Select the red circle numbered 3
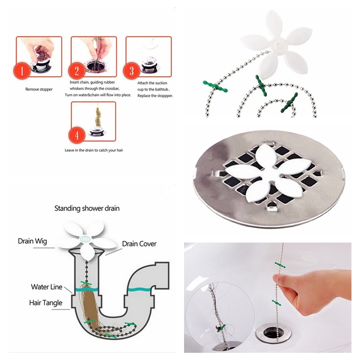131,72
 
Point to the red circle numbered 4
77,135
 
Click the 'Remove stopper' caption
38,90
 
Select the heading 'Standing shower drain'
87,208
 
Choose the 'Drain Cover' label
139,244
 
